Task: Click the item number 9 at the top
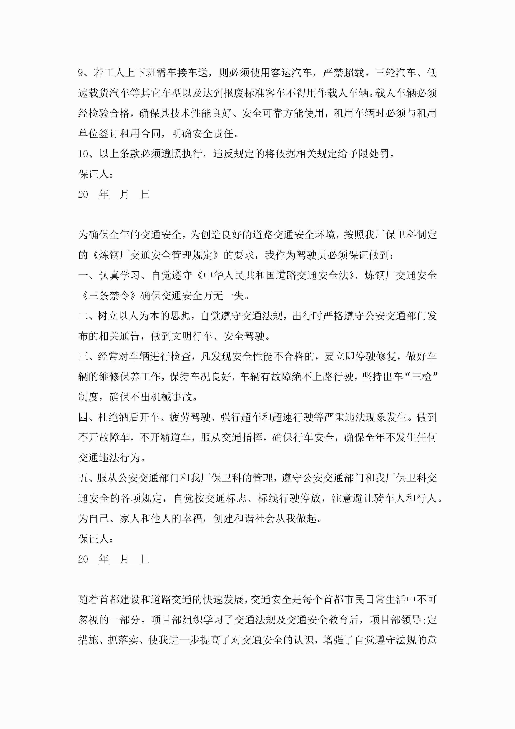click(81, 73)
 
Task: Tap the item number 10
click(83, 154)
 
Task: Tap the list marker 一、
click(86, 276)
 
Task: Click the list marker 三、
click(86, 357)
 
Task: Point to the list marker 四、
click(86, 417)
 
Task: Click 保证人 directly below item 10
click(93, 174)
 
